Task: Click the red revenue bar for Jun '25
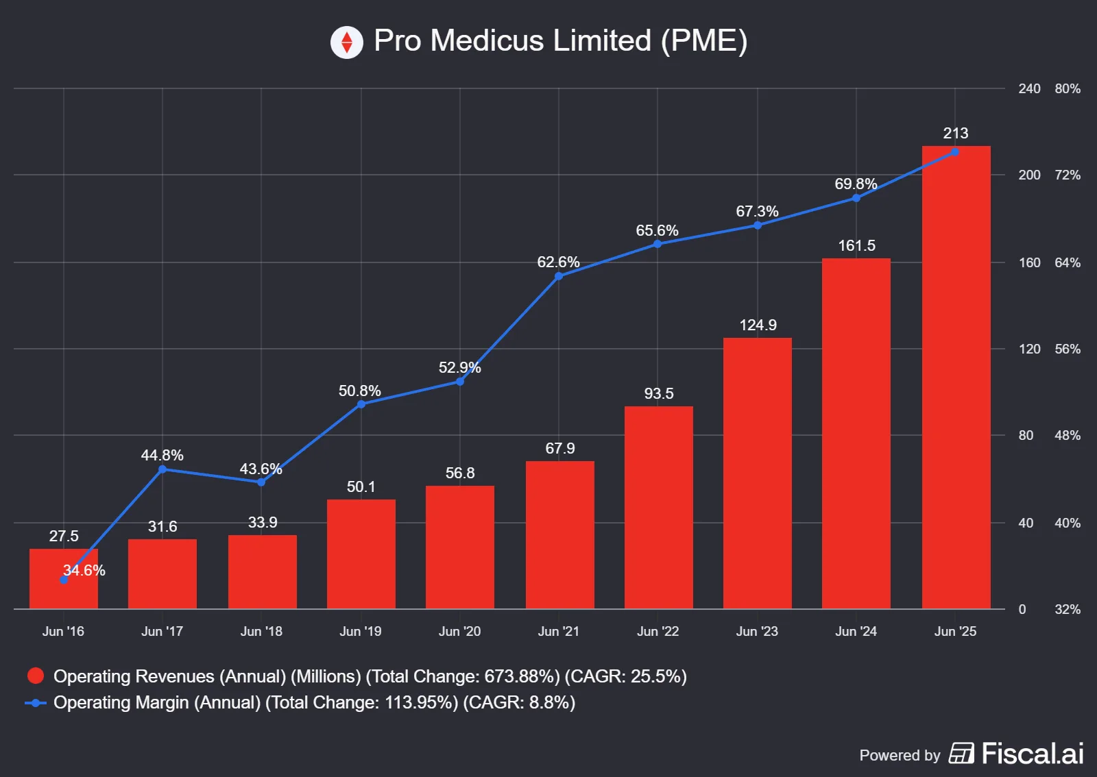[x=956, y=377]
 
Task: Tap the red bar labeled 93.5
[x=658, y=507]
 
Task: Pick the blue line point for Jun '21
[x=559, y=276]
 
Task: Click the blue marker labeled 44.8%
[x=162, y=469]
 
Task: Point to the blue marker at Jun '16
[x=64, y=580]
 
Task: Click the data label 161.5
[x=856, y=245]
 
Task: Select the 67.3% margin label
[x=757, y=211]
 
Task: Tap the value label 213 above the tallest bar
[x=955, y=133]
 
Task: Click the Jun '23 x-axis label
[x=757, y=631]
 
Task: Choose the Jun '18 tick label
[x=261, y=631]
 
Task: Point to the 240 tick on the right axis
[x=1029, y=88]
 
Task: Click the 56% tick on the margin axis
[x=1068, y=349]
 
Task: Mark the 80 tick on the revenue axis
[x=1026, y=435]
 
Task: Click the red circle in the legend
[x=36, y=676]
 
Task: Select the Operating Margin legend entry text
[x=314, y=702]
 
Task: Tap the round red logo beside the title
[x=347, y=42]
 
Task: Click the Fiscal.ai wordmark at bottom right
[x=1032, y=754]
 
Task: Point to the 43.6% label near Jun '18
[x=261, y=469]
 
